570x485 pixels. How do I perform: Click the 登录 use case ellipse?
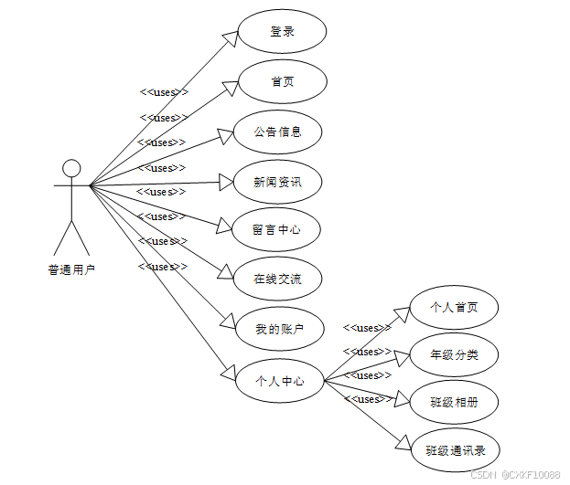click(282, 32)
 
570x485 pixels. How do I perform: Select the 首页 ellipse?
click(282, 82)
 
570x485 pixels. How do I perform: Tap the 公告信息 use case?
click(277, 132)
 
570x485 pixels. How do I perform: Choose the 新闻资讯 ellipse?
click(277, 182)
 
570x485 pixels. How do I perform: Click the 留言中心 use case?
click(276, 230)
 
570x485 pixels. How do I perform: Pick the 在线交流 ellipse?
click(276, 279)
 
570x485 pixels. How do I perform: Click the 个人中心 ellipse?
click(279, 381)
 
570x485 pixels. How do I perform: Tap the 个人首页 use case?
click(454, 308)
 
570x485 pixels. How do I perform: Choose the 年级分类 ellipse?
click(454, 355)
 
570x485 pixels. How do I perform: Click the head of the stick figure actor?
click(71, 168)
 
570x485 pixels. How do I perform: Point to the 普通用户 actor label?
click(71, 269)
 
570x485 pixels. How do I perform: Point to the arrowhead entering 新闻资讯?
click(227, 183)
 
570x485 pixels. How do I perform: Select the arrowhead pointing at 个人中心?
click(229, 373)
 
